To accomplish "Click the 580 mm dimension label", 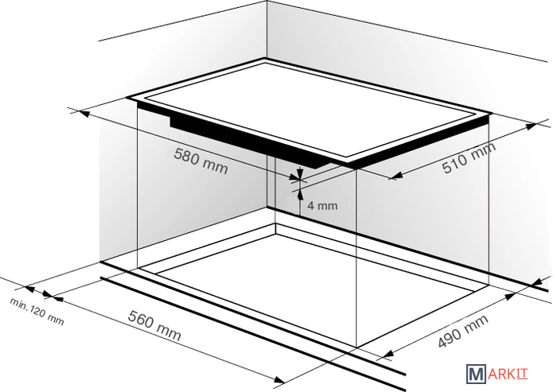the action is (201, 161).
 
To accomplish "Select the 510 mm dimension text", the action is (469, 158).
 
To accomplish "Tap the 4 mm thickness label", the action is (322, 206).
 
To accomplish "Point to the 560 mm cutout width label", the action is (154, 325).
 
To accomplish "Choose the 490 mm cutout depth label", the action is (463, 331).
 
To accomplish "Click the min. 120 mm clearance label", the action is (37, 312).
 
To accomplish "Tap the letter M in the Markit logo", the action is (476, 375).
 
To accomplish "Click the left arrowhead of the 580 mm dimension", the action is (84, 114).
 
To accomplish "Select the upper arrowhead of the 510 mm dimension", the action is (531, 126).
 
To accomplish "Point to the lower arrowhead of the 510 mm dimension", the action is (396, 175).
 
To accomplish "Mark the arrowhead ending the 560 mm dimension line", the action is (278, 380).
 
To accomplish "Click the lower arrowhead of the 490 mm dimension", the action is (388, 354).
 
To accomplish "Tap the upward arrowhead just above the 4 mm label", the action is (301, 194).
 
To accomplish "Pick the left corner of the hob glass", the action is (127, 97).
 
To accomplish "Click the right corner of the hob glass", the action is (492, 114).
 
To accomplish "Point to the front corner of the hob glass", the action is (350, 162).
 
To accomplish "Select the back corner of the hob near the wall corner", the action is (265, 59).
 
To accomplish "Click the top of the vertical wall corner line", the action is (267, 1).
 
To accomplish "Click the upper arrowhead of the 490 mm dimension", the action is (510, 296).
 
